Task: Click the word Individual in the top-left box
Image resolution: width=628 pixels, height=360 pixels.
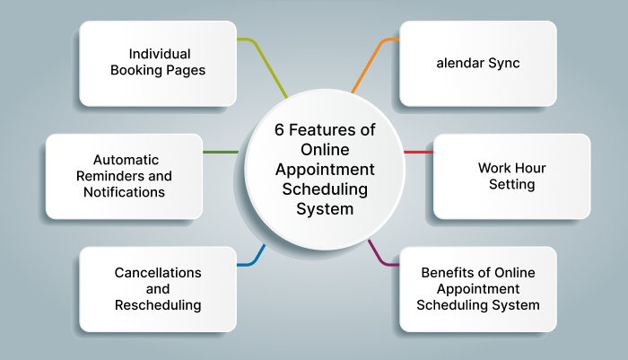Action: pos(158,54)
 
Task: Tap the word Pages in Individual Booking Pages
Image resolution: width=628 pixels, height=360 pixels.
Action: pos(186,70)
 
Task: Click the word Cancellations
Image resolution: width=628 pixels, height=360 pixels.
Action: pos(158,272)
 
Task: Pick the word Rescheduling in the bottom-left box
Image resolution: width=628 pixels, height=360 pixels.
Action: pos(158,305)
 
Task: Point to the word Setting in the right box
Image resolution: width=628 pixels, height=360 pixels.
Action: pos(511,184)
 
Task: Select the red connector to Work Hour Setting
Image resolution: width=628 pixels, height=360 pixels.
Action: pos(418,152)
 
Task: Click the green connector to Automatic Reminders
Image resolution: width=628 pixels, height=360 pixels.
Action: pos(221,152)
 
